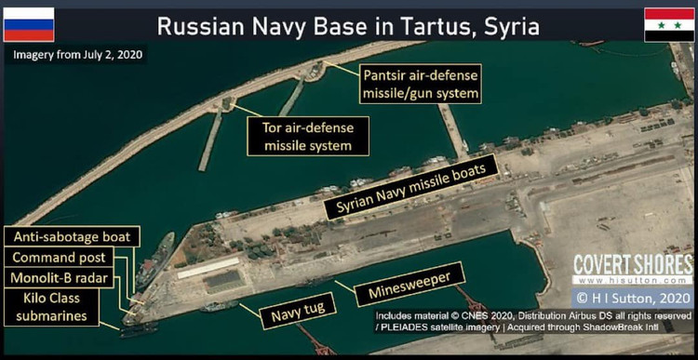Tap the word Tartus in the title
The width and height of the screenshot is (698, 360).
click(415, 24)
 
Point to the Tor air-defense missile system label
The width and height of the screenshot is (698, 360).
click(308, 135)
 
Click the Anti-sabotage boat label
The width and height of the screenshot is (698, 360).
click(72, 236)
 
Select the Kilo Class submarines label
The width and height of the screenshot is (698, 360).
click(62, 307)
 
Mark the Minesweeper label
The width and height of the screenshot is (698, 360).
click(410, 284)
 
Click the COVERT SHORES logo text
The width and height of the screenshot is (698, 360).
click(633, 264)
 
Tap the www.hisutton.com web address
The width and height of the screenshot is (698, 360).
click(633, 280)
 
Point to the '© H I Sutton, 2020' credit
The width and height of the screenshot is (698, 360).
click(635, 298)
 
